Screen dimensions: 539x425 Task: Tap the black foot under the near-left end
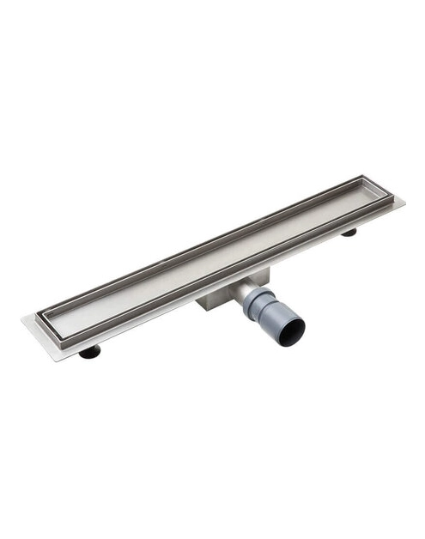(x=89, y=351)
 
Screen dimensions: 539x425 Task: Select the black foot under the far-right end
(x=349, y=232)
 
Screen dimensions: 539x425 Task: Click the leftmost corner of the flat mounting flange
(x=23, y=320)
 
